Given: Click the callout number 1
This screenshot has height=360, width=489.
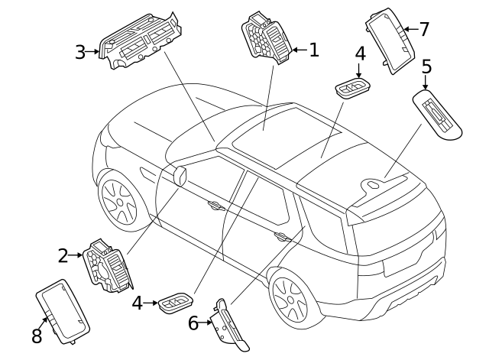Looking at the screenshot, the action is pos(314,50).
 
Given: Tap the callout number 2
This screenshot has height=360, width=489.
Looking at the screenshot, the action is pos(63,256).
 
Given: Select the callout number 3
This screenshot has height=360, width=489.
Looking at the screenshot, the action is pos(79,52).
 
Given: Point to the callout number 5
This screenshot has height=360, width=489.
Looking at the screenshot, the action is pos(426,66).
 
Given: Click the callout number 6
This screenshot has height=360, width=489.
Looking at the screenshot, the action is pos(193,323).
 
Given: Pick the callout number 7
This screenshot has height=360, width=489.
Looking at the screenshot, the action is pos(425,29).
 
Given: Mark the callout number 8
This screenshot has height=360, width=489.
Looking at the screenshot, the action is pos(37,336).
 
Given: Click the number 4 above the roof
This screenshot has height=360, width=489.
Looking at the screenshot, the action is pos(360,54).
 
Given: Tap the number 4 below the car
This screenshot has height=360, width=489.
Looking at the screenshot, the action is pos(138,303).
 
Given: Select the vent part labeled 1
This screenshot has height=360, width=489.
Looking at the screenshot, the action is pos(267,38).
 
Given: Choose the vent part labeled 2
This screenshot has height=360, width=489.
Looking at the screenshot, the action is pos(108,266).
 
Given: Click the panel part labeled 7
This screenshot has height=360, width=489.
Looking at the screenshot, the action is pos(390,41).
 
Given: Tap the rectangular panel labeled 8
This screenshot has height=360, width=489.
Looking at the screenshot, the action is pos(63,312).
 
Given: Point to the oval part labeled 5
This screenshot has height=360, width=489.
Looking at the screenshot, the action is pos(437,114).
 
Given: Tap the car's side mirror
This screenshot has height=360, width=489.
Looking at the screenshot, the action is pos(180,177).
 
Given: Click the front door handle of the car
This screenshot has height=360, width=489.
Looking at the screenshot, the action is pos(216,206).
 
